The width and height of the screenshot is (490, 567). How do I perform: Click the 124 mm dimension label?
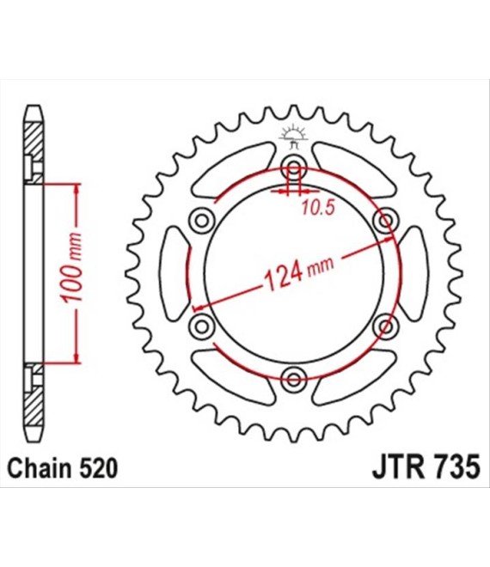[x=299, y=272]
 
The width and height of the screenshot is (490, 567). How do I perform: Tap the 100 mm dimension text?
[x=71, y=267]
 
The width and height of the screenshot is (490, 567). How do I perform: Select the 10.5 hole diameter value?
[x=318, y=208]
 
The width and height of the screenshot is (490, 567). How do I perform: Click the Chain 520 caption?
[x=63, y=468]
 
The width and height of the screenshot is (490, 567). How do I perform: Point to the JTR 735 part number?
[x=426, y=467]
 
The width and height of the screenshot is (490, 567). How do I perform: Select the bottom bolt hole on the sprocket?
[x=294, y=380]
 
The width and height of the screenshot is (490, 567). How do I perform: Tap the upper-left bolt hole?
[x=202, y=220]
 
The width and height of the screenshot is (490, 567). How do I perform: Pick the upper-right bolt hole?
[x=386, y=220]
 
